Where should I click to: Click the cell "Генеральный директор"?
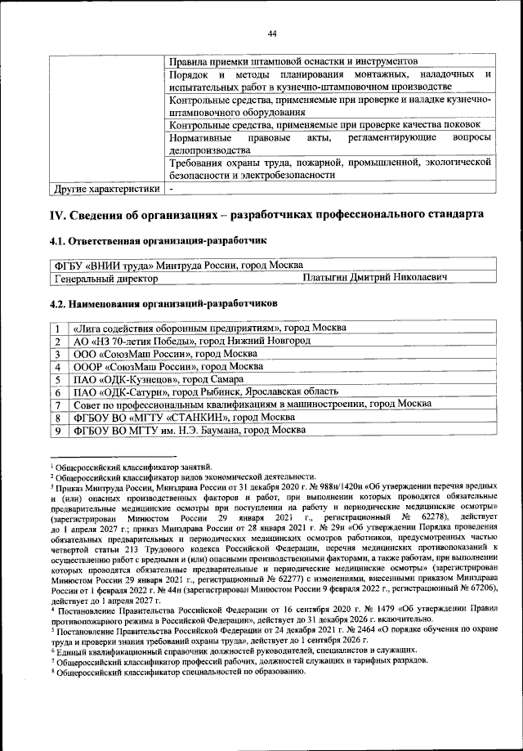pyautogui.click(x=105, y=279)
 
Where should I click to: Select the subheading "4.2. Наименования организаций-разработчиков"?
pyautogui.click(x=163, y=304)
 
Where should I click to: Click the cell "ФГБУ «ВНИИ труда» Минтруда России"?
pyautogui.click(x=176, y=266)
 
